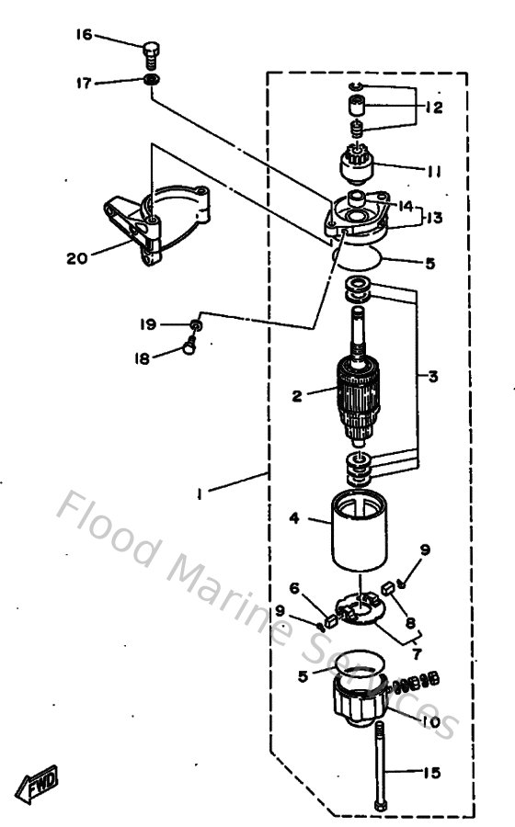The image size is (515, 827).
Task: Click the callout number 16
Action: tap(84, 35)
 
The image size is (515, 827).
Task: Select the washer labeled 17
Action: tap(153, 81)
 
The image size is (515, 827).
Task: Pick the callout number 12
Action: tap(434, 108)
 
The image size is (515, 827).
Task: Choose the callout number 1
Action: tap(201, 492)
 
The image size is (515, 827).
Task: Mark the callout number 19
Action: tap(148, 324)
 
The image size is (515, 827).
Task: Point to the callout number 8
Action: tap(410, 622)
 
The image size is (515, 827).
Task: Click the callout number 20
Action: tap(76, 258)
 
